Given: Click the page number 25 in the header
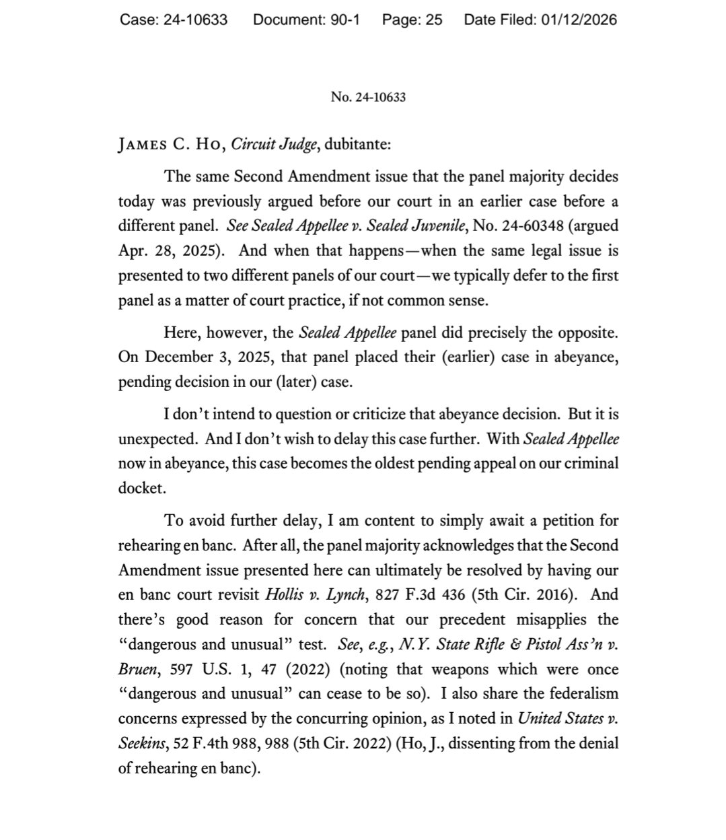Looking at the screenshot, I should (x=433, y=20).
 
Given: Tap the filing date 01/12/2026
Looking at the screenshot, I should (x=579, y=20).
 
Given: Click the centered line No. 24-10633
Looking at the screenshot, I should (x=368, y=97).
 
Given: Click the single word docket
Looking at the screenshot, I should (x=141, y=488).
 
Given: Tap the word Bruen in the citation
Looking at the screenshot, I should (x=139, y=669).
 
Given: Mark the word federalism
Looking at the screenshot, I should (x=581, y=693).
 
